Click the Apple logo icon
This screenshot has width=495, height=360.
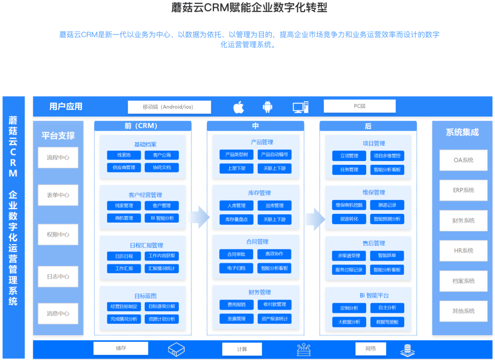point(238,107)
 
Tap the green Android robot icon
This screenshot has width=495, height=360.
point(268,107)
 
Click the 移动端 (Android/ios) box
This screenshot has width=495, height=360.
point(169,107)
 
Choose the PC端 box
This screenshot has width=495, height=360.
point(359,106)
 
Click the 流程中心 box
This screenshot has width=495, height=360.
point(58,158)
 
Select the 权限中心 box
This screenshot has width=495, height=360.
point(58,235)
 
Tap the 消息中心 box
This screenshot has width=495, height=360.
point(58,313)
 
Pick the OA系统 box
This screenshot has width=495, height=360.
point(463,160)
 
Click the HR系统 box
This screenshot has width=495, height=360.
point(463,251)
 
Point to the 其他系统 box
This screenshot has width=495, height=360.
point(463,311)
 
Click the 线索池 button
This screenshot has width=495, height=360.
point(124,156)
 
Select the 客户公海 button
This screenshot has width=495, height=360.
point(162,156)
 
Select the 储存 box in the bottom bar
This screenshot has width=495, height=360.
point(121,348)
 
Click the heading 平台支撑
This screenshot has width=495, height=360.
point(58,135)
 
